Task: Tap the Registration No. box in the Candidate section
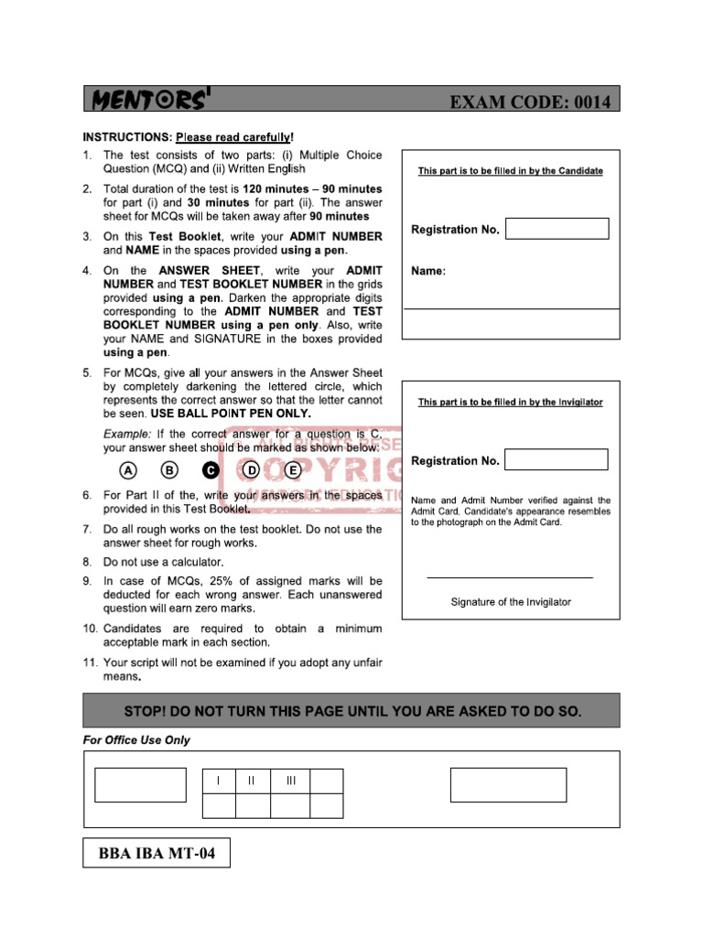(x=557, y=229)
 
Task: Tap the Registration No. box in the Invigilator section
(x=557, y=459)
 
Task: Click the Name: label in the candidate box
(x=428, y=272)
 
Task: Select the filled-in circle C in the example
(x=210, y=470)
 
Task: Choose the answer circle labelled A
(x=128, y=470)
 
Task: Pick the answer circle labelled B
(x=169, y=470)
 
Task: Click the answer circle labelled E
(x=293, y=470)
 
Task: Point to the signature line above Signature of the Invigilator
(x=510, y=577)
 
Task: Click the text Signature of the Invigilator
(x=510, y=602)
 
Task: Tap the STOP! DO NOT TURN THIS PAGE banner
(x=351, y=710)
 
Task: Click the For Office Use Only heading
(x=136, y=740)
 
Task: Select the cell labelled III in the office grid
(x=291, y=781)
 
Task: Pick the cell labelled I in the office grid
(x=218, y=781)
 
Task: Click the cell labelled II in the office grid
(x=252, y=781)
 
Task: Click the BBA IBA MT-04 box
(x=157, y=854)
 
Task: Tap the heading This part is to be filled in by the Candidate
(x=510, y=171)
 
